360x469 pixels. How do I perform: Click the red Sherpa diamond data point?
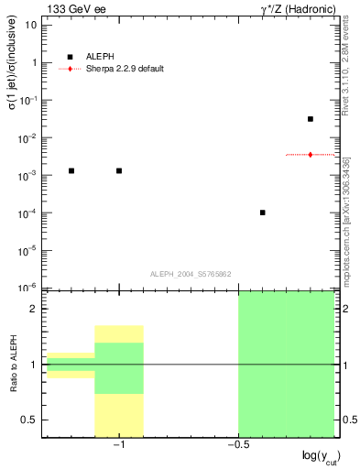[x=311, y=155]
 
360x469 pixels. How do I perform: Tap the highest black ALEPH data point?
[x=311, y=119]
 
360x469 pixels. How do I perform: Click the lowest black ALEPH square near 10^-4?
[x=263, y=213]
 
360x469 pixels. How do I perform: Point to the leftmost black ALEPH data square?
[x=71, y=170]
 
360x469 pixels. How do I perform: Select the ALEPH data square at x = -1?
[x=119, y=170]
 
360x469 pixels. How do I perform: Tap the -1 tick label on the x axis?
[x=117, y=444]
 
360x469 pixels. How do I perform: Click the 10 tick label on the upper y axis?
[x=31, y=26]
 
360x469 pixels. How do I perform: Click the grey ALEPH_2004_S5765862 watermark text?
[x=190, y=274]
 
